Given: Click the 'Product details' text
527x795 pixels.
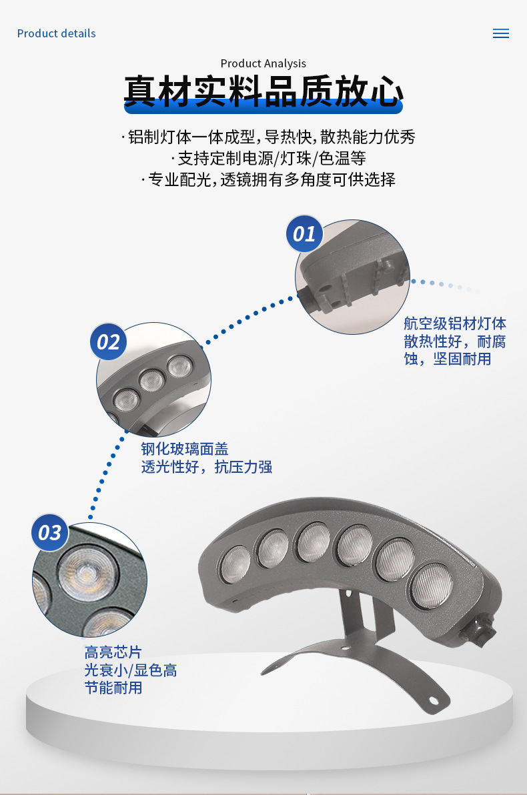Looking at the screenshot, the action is click(x=56, y=33).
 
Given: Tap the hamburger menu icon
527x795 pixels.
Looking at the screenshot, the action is click(x=500, y=33).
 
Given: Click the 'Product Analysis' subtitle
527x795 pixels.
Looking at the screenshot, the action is click(x=263, y=63).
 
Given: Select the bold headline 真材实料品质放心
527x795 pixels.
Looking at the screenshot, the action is click(x=263, y=92).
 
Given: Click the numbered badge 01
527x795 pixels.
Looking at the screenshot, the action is click(x=304, y=234).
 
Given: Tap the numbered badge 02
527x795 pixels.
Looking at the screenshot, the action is click(x=108, y=342).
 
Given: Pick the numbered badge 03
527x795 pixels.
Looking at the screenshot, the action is click(x=50, y=533).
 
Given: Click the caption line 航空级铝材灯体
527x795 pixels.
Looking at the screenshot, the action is click(x=455, y=324).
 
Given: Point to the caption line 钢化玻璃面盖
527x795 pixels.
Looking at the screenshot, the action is click(x=184, y=449).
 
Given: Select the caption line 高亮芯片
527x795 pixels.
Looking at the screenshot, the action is click(x=113, y=652).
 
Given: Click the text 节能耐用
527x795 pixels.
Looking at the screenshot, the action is click(x=113, y=688).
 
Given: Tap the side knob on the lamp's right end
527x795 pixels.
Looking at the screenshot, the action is click(x=482, y=628).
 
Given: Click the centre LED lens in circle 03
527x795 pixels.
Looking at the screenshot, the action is click(x=85, y=573).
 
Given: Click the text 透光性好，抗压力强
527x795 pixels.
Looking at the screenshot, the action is click(x=206, y=467).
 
